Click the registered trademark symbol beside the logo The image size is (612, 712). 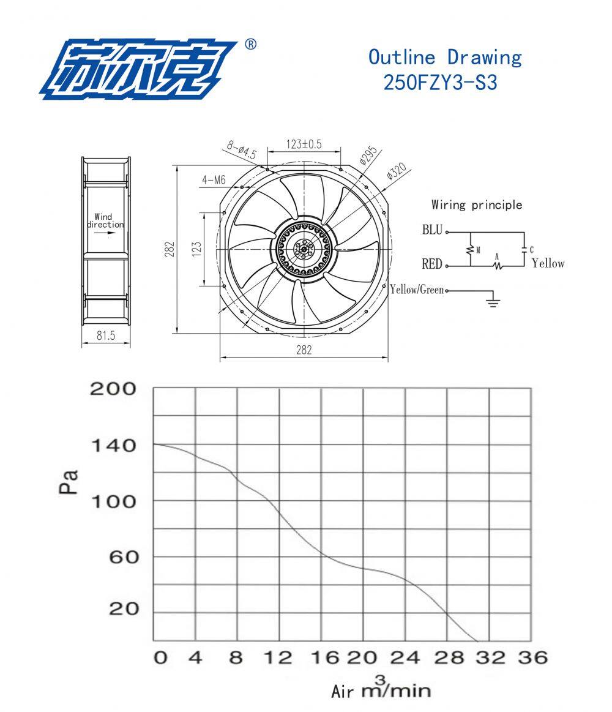(250, 45)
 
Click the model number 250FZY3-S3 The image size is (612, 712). (440, 82)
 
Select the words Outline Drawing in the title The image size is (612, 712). (445, 57)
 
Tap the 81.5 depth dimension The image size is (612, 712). (105, 335)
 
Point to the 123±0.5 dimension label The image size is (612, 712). (304, 144)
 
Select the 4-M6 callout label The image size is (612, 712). (214, 180)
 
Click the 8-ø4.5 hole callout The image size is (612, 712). (241, 149)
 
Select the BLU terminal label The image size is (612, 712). (431, 231)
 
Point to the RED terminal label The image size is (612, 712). (431, 264)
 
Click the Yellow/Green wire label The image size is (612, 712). (417, 290)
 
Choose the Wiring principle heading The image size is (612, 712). (477, 204)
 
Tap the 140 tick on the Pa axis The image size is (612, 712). (113, 445)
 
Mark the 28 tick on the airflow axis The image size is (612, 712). (447, 658)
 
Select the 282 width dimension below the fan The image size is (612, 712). (304, 350)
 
